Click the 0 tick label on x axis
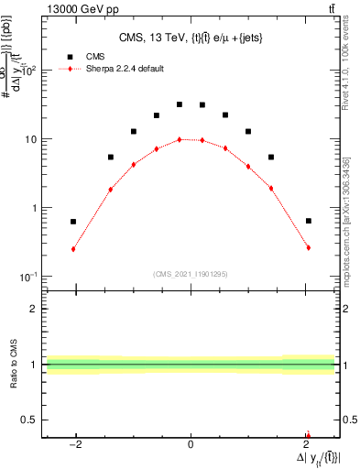tap(191, 444)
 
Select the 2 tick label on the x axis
tap(305, 444)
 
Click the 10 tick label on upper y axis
tap(31, 139)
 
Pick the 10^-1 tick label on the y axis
tap(29, 277)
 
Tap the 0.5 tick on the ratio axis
tap(31, 420)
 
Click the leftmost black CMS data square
tap(73, 222)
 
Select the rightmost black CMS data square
tap(309, 221)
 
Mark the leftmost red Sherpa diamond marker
tap(73, 249)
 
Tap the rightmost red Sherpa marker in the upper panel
tap(309, 247)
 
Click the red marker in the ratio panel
tap(309, 435)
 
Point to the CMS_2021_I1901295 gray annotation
tap(191, 274)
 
